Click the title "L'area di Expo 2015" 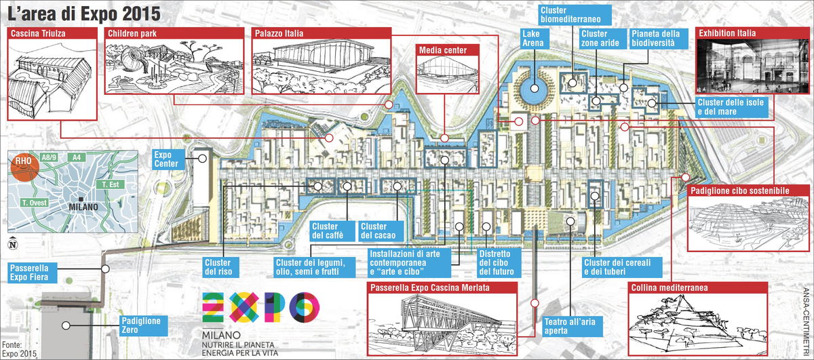coord(85,14)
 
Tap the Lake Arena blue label coord(534,38)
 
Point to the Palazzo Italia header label coord(279,33)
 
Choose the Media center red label coord(439,50)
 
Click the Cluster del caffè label coord(328,231)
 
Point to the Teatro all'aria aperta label coord(569,326)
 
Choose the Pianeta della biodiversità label coord(653,38)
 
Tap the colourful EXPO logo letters coord(262,307)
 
